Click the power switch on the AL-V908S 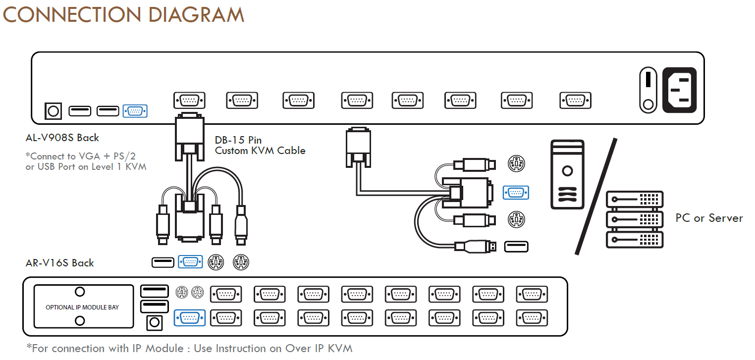[x=648, y=90]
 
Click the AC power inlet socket [x=679, y=90]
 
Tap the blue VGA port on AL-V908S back [x=135, y=111]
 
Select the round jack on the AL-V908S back [x=53, y=111]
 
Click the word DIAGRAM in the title [x=196, y=15]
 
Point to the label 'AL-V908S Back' [x=62, y=138]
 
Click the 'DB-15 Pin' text [x=238, y=140]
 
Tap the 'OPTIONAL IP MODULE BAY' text [x=82, y=308]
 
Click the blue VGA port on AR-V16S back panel [x=189, y=318]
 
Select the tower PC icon [x=567, y=174]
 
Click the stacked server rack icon [x=634, y=219]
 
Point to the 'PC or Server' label [x=709, y=218]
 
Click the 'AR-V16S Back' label [x=59, y=262]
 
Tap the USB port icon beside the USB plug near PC [x=516, y=247]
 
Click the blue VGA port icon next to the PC [x=516, y=193]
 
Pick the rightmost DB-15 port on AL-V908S [x=575, y=101]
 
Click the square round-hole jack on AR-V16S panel [x=155, y=323]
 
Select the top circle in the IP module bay [x=80, y=292]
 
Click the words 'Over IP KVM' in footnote [x=319, y=348]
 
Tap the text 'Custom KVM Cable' [x=260, y=151]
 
